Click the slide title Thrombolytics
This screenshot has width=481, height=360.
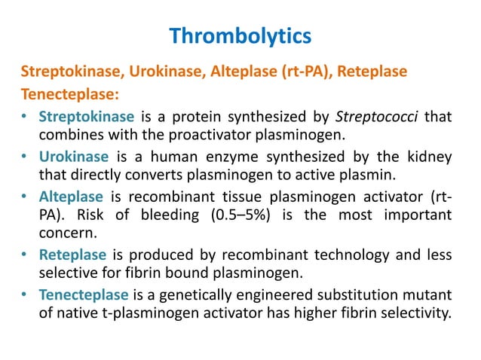[240, 35]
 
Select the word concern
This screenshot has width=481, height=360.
[66, 235]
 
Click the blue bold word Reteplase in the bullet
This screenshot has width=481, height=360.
[72, 255]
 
